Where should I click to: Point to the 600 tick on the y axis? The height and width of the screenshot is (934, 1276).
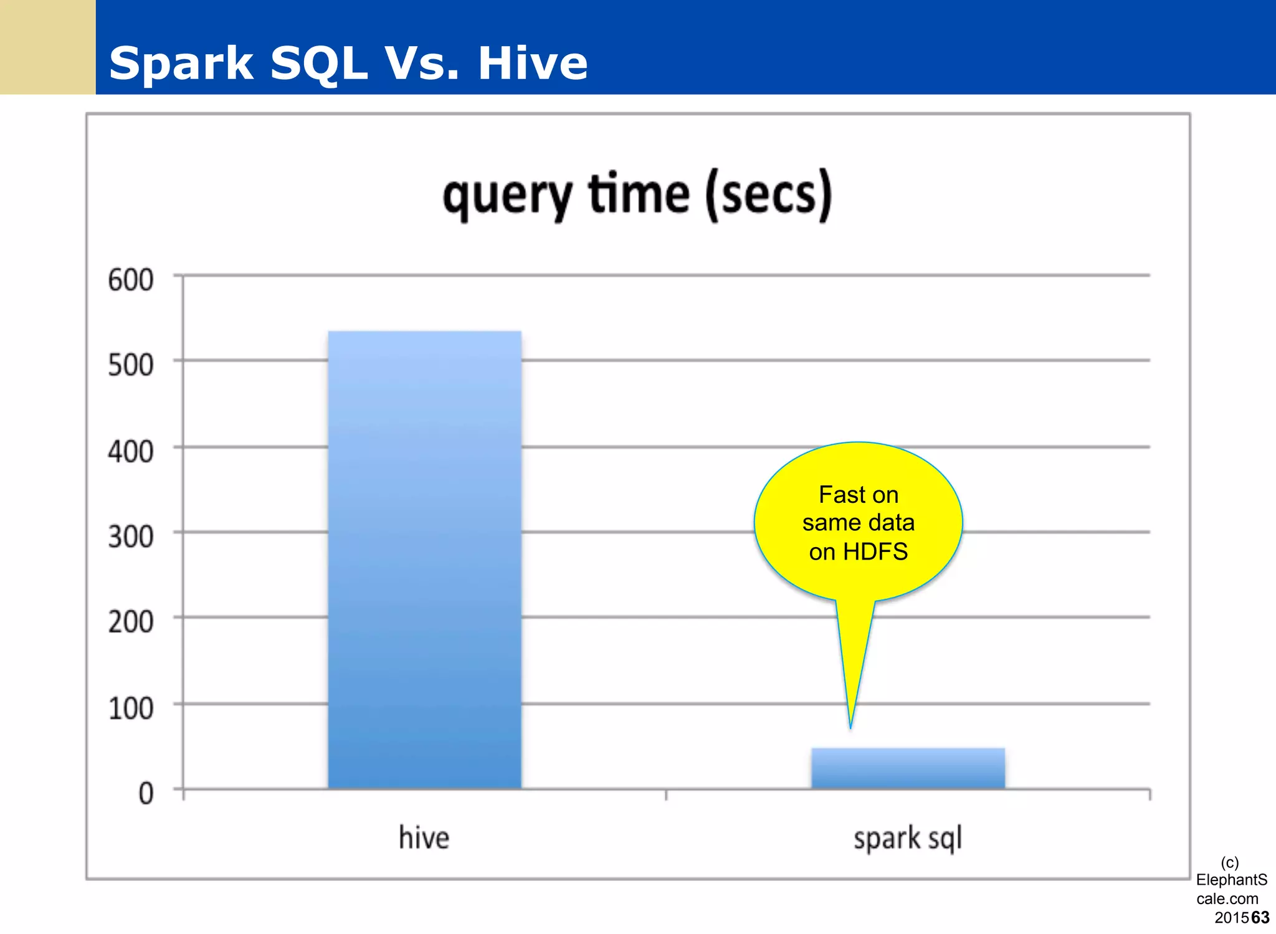pyautogui.click(x=130, y=280)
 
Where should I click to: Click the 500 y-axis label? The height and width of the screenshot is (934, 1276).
pyautogui.click(x=130, y=365)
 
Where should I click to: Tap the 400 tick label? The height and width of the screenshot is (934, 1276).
pyautogui.click(x=130, y=452)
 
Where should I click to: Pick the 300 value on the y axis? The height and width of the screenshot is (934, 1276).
pyautogui.click(x=130, y=536)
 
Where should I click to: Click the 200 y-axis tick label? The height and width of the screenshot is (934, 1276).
pyautogui.click(x=130, y=622)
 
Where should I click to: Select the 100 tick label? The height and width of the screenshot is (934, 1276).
pyautogui.click(x=130, y=708)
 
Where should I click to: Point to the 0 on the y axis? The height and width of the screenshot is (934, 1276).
pyautogui.click(x=146, y=794)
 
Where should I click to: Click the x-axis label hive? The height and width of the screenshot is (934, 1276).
pyautogui.click(x=424, y=837)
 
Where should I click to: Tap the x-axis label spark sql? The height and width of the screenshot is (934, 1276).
pyautogui.click(x=908, y=839)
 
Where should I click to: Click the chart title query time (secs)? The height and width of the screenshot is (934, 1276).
pyautogui.click(x=637, y=196)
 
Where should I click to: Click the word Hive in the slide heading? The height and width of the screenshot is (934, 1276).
pyautogui.click(x=533, y=64)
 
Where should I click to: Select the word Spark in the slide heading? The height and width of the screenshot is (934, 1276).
pyautogui.click(x=181, y=64)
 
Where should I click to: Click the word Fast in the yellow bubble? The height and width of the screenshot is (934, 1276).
pyautogui.click(x=839, y=495)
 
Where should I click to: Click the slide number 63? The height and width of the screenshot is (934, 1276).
pyautogui.click(x=1260, y=918)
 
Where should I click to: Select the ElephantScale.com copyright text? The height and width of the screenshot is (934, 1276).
pyautogui.click(x=1231, y=889)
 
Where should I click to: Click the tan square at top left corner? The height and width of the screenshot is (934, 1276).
pyautogui.click(x=47, y=47)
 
